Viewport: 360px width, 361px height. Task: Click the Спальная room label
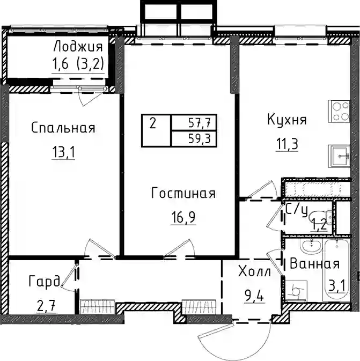63,128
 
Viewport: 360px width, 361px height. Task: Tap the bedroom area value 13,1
63,152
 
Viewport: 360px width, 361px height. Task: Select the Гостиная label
183,193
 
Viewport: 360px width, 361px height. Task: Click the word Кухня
287,120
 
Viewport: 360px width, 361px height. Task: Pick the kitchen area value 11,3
287,144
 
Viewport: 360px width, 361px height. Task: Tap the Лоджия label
78,47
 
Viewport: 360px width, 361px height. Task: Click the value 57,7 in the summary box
200,123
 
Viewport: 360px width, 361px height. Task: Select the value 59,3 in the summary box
200,139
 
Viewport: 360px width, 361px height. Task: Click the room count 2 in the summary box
153,123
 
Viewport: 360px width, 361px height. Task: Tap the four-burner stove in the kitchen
339,111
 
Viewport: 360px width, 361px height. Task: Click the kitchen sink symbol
339,156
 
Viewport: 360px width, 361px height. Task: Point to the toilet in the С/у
321,218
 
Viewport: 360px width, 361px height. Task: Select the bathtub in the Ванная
336,270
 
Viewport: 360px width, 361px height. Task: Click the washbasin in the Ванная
311,246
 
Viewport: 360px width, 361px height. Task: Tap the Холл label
254,271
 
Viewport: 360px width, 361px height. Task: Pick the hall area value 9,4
254,296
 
